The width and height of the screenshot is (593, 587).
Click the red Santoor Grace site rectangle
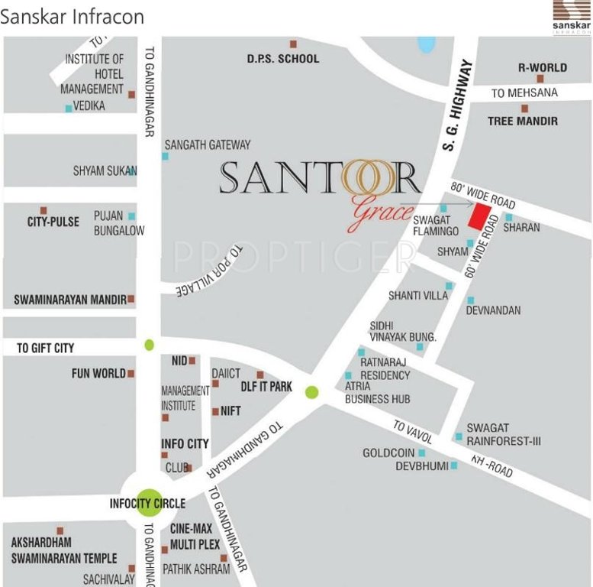pyautogui.click(x=479, y=216)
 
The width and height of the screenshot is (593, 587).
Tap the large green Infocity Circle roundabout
pyautogui.click(x=150, y=504)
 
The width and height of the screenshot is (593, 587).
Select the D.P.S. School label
pyautogui.click(x=282, y=59)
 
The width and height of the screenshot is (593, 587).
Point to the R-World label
pyautogui.click(x=542, y=67)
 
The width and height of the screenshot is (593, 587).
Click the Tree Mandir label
pyautogui.click(x=522, y=121)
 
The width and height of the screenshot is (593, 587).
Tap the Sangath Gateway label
pyautogui.click(x=207, y=144)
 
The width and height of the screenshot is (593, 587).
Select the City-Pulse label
pyautogui.click(x=53, y=222)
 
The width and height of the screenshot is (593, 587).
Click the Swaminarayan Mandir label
pyautogui.click(x=69, y=300)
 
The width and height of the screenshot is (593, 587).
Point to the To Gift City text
pyautogui.click(x=45, y=349)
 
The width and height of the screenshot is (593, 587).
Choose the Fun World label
pyautogui.click(x=98, y=374)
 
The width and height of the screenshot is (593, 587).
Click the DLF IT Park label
pyautogui.click(x=266, y=387)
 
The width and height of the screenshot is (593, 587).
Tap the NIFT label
pyautogui.click(x=230, y=410)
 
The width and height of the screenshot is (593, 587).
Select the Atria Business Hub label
pyautogui.click(x=377, y=393)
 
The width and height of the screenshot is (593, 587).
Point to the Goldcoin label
pyautogui.click(x=388, y=453)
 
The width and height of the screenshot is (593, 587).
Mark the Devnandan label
pyautogui.click(x=493, y=310)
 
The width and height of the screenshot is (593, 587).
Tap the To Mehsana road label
pyautogui.click(x=524, y=92)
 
